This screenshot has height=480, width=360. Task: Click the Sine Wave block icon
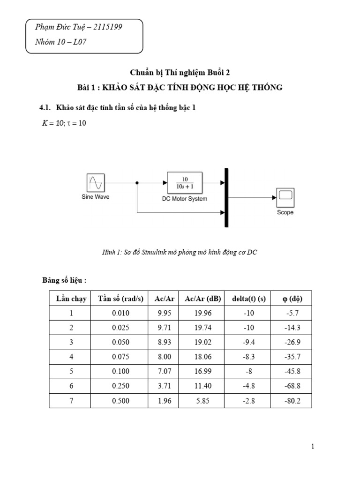pos(96,182)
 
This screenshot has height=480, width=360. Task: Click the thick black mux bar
pos(227,197)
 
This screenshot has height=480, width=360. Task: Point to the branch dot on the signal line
pos(136,182)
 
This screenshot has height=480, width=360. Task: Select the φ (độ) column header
pos(289,299)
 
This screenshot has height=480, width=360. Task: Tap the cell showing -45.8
pos(289,371)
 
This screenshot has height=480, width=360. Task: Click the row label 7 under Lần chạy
pos(71,400)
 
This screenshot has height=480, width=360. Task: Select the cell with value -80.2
pos(289,400)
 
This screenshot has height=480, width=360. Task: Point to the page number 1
pos(313,447)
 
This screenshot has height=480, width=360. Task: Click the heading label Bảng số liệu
pos(65,280)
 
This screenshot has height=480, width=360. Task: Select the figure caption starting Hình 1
pos(180,252)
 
